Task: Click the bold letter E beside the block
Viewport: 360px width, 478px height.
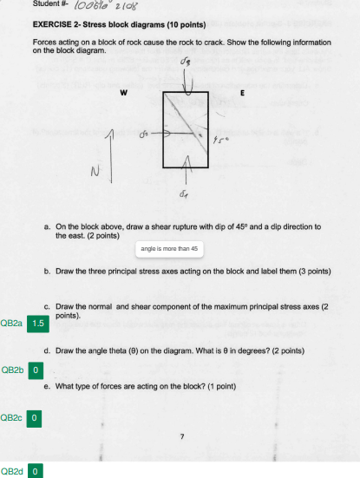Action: pyautogui.click(x=242, y=93)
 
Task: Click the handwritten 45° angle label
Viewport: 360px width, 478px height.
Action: pyautogui.click(x=222, y=143)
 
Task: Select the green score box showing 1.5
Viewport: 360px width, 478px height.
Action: pyautogui.click(x=37, y=324)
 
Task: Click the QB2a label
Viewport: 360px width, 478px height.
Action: pyautogui.click(x=12, y=324)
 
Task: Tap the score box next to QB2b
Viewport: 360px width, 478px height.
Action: pyautogui.click(x=36, y=370)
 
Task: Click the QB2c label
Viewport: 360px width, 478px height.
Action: pyautogui.click(x=12, y=417)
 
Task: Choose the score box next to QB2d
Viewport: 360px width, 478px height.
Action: pyautogui.click(x=36, y=471)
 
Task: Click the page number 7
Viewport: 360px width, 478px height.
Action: pyautogui.click(x=182, y=435)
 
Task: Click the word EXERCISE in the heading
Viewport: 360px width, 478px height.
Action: pyautogui.click(x=53, y=25)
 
